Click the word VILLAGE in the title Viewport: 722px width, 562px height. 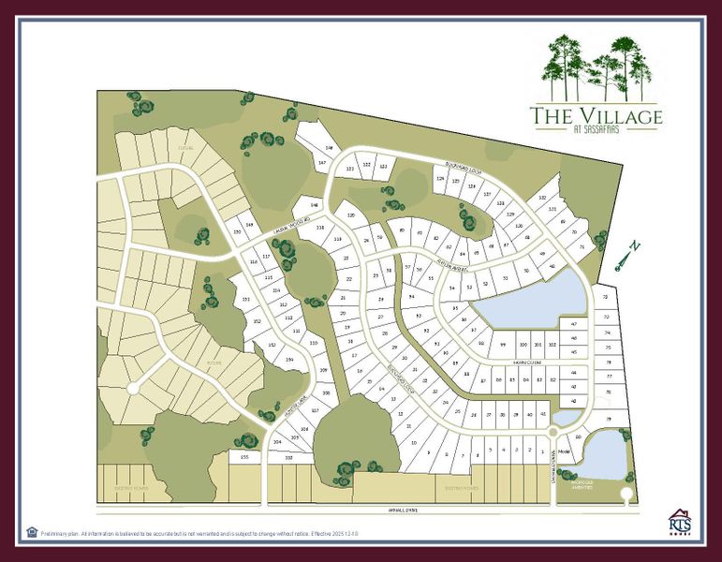pyautogui.click(x=613, y=116)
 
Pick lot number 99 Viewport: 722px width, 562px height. pyautogui.click(x=503, y=345)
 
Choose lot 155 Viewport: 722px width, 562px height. pyautogui.click(x=244, y=456)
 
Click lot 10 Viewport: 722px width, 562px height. pyautogui.click(x=413, y=442)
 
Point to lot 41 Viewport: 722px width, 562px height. pyautogui.click(x=544, y=413)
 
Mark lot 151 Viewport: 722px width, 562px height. pyautogui.click(x=245, y=299)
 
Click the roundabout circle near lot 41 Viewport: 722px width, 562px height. pyautogui.click(x=553, y=433)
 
